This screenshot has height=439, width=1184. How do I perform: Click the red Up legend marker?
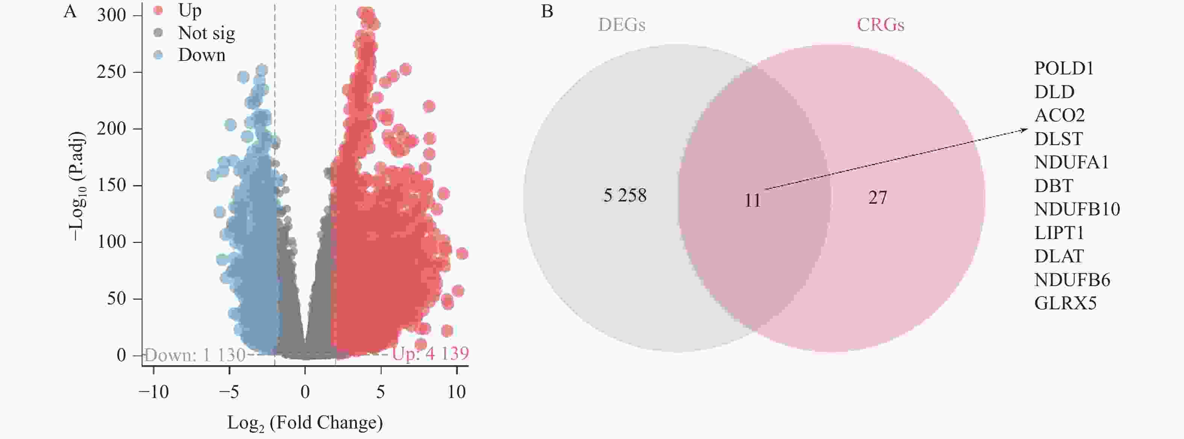(158, 10)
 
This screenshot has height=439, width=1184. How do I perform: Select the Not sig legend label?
(206, 33)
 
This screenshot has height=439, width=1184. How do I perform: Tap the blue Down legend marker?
(158, 55)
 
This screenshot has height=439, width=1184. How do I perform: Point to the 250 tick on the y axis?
(111, 72)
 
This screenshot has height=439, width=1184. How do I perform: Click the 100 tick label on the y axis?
(111, 242)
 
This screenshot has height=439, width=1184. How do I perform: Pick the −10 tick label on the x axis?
(153, 392)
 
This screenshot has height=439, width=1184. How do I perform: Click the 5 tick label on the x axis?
(380, 392)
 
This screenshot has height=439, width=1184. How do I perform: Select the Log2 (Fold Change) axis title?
(305, 423)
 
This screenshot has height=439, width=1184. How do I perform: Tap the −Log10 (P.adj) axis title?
(77, 186)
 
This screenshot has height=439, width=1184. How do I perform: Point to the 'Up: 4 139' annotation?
(430, 354)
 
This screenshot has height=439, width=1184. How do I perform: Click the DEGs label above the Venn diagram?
(621, 25)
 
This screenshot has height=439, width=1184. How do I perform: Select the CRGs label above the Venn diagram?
(880, 25)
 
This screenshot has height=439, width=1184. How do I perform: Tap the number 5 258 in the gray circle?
(625, 196)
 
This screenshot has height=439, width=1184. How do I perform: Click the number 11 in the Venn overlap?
(752, 200)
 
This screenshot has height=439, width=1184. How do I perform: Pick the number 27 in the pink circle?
(877, 198)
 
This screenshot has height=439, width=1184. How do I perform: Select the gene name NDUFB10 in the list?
(1077, 209)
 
